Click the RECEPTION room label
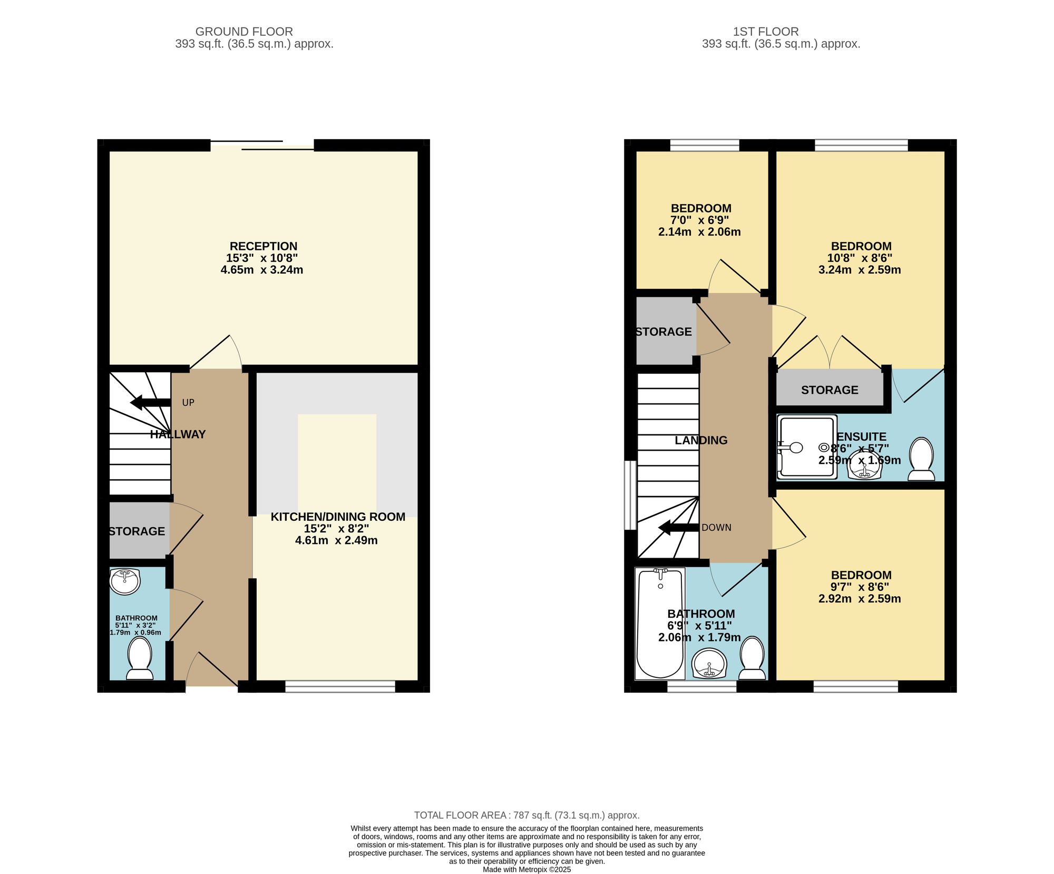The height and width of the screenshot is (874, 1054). coord(263,246)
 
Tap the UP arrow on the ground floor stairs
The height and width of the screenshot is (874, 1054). coord(150,403)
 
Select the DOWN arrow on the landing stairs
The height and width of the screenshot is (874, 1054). coord(679,528)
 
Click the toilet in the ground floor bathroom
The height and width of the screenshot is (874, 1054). coord(140,658)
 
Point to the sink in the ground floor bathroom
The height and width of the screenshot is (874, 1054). coord(125,581)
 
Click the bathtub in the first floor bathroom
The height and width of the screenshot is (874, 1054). coord(660,624)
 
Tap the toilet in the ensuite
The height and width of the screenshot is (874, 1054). coord(921,459)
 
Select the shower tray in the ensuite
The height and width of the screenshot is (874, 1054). coord(807,447)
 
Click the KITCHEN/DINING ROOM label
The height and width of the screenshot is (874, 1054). coord(338,517)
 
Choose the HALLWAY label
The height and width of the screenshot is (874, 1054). coord(178,434)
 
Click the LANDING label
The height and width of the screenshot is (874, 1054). coord(701,440)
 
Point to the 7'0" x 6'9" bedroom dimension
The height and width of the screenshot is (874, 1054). coord(699,220)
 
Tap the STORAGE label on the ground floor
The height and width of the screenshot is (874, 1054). coord(137,531)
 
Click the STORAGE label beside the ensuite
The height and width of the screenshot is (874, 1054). coord(829,390)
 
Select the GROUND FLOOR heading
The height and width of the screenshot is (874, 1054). coord(244,32)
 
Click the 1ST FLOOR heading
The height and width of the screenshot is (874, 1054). coord(766,32)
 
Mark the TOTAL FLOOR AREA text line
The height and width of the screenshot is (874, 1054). coord(527,815)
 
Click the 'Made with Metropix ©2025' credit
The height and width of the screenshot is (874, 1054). coord(527,870)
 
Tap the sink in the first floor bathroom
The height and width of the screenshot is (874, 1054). coord(709,664)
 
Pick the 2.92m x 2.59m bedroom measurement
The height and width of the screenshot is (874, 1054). coord(860,599)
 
